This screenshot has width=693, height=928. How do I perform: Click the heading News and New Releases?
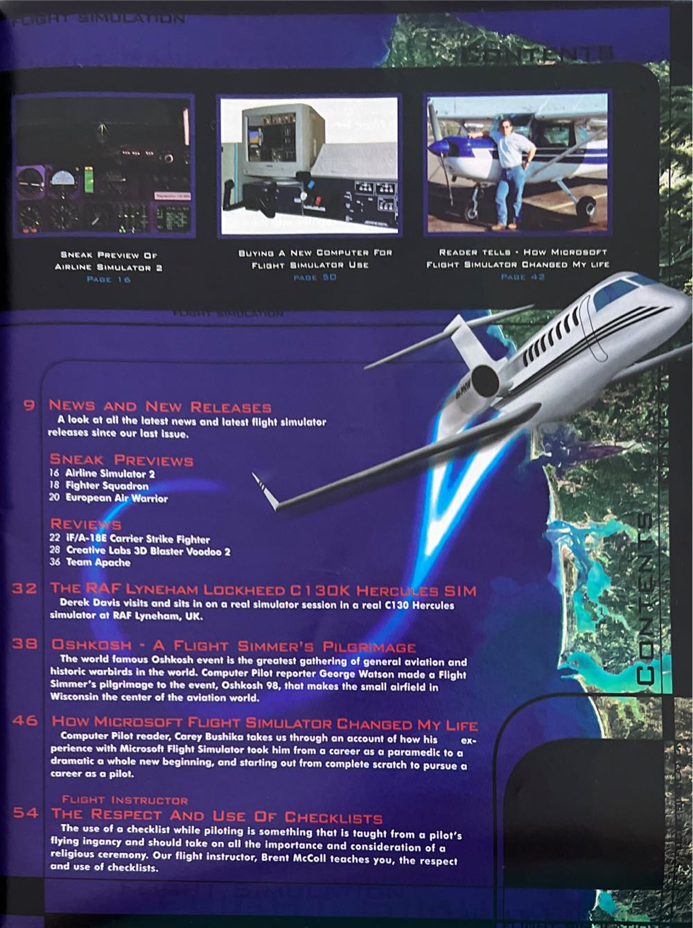(160, 406)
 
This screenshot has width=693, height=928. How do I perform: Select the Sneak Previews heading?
(121, 460)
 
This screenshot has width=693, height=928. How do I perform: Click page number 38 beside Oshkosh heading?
(25, 644)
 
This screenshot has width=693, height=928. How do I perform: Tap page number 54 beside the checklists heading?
(25, 814)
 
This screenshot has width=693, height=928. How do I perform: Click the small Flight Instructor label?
(125, 800)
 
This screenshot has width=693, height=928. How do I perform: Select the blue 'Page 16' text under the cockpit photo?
(108, 279)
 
